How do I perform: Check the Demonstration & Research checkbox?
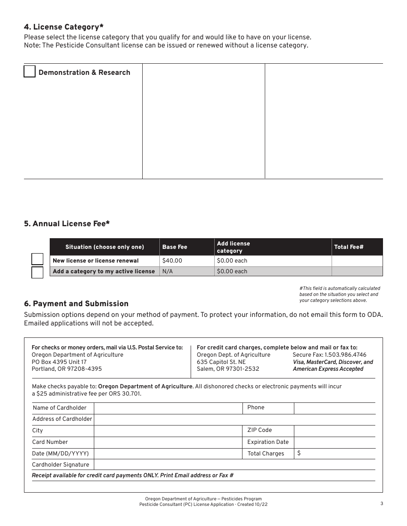pos(30,71)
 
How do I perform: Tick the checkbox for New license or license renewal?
pos(38,259)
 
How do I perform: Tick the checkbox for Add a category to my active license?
pos(38,272)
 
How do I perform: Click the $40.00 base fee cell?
pos(186,261)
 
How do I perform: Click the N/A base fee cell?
pos(186,272)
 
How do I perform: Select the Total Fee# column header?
pos(357,247)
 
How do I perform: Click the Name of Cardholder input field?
pos(168,408)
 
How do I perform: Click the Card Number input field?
pos(168,442)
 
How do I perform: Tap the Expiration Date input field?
pos(335,442)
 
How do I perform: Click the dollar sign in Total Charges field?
pos(299,453)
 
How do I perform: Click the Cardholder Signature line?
pos(234,465)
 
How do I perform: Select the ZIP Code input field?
pos(335,431)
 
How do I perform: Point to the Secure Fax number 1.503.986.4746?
pos(329,355)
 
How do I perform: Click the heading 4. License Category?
pos(64,27)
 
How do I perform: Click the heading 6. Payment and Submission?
pos(76,304)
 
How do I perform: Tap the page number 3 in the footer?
pos(381,504)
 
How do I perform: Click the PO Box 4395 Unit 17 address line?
pos(59,362)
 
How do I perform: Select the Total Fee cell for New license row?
pos(357,261)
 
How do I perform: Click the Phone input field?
pos(335,408)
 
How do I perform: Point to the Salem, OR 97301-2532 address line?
pos(227,369)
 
